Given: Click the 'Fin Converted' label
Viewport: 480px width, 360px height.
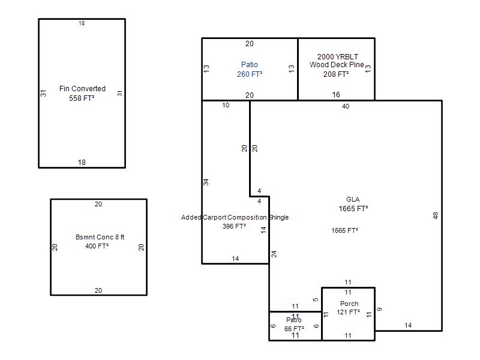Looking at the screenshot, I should (82, 89).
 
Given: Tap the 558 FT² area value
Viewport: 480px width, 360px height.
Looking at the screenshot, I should (82, 98).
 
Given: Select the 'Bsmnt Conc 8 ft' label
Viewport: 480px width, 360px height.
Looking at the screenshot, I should (98, 237).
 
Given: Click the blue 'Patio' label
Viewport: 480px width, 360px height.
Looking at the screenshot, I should (250, 65).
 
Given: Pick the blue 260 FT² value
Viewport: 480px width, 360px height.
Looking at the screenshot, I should (250, 74).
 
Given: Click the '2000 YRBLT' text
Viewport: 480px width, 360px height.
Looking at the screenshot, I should (337, 56).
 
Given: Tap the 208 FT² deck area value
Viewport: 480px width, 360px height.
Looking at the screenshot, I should (336, 74).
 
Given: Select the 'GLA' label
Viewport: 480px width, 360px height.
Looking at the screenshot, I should (353, 200).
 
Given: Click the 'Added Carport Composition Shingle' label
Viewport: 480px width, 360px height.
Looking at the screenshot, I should (235, 217).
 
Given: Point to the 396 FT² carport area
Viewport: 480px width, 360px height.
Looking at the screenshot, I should (234, 227).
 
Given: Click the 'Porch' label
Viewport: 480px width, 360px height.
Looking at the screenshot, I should (349, 304).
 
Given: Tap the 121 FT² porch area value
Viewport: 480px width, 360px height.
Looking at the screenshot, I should (348, 313).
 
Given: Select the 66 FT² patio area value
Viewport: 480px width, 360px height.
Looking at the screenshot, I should (294, 328).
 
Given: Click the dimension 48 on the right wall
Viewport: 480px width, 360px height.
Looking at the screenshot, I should (436, 215).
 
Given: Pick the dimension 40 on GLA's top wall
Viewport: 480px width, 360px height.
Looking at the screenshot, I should (346, 106).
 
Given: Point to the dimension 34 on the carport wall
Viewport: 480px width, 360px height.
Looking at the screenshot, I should (206, 182).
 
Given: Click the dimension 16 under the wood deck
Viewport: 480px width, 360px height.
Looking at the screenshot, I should (336, 95).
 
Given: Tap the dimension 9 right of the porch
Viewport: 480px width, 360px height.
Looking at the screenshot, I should (380, 310).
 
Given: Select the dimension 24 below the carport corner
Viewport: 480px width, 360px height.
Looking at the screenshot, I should (274, 254).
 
